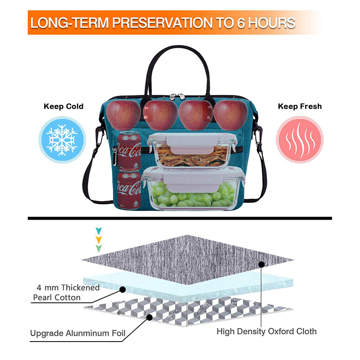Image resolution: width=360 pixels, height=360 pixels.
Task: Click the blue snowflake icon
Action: [62, 138]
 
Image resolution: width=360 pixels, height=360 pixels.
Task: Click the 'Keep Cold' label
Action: [63, 107]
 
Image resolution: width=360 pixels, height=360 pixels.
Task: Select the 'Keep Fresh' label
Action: [300, 107]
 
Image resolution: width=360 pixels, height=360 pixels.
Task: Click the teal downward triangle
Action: [99, 230]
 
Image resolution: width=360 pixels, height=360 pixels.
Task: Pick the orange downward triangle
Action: [99, 239]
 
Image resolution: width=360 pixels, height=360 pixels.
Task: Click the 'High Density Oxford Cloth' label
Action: [267, 332]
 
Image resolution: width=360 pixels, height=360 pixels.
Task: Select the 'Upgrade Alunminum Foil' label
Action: [78, 333]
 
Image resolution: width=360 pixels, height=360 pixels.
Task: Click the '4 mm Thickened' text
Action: [67, 288]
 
